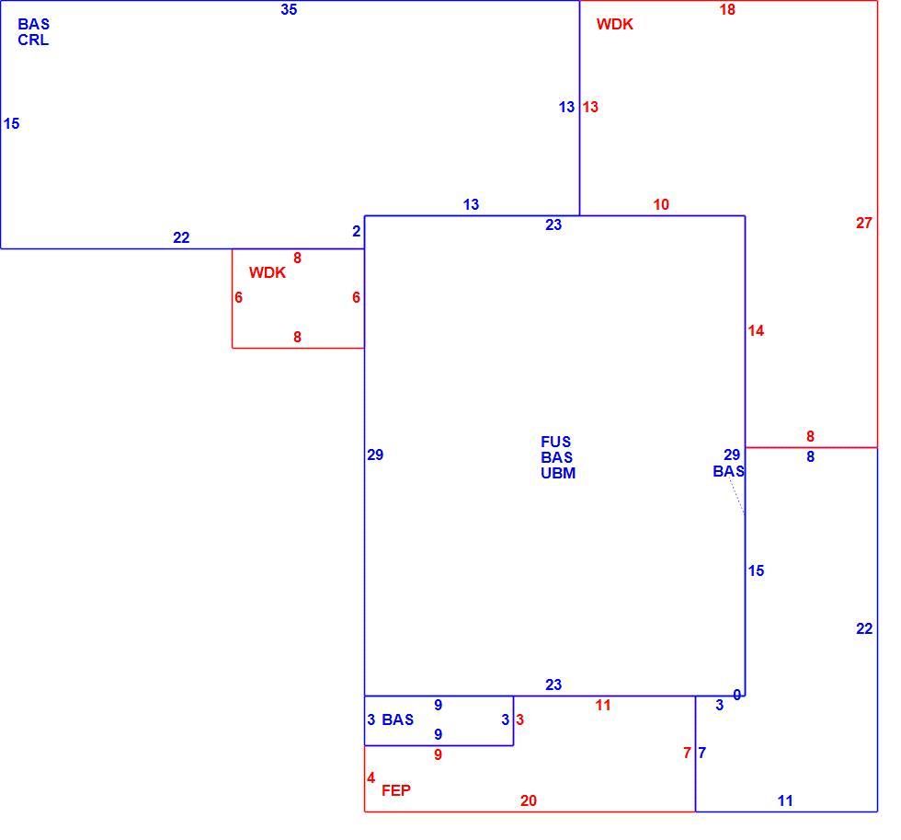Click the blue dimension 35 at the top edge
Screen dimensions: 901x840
pyautogui.click(x=289, y=9)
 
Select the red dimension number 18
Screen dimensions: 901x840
pyautogui.click(x=727, y=10)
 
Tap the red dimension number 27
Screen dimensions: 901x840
pyautogui.click(x=863, y=223)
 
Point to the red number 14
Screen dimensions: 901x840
pyautogui.click(x=756, y=330)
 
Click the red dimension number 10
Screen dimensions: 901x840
pyautogui.click(x=661, y=204)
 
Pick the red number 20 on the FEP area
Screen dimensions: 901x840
pyautogui.click(x=528, y=800)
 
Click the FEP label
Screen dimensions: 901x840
pyautogui.click(x=396, y=790)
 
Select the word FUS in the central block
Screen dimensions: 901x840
pyautogui.click(x=555, y=442)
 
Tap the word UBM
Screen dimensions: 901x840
pyautogui.click(x=558, y=473)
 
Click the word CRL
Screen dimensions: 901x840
pyautogui.click(x=33, y=40)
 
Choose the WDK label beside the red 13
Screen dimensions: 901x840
pyautogui.click(x=614, y=24)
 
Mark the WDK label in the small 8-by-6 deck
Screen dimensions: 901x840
pyautogui.click(x=268, y=272)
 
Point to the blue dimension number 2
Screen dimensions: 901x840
pyautogui.click(x=357, y=231)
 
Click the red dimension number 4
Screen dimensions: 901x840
pyautogui.click(x=371, y=778)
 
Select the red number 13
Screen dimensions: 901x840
pyautogui.click(x=590, y=107)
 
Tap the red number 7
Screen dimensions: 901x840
pyautogui.click(x=687, y=753)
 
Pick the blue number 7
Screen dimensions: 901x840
pyautogui.click(x=701, y=753)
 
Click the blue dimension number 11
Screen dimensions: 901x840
pyautogui.click(x=785, y=800)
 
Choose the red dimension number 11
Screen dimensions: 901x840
pyautogui.click(x=603, y=705)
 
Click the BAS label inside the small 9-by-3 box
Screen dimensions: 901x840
pyautogui.click(x=397, y=719)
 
